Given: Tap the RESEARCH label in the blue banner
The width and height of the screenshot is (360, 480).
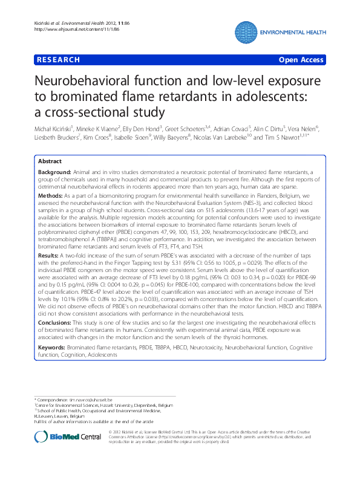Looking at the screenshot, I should (58, 60).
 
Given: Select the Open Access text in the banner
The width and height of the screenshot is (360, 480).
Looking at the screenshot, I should (301, 60).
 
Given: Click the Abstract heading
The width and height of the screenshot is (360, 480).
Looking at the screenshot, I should (50, 161).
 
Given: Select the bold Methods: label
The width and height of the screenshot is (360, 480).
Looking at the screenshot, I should (50, 196).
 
